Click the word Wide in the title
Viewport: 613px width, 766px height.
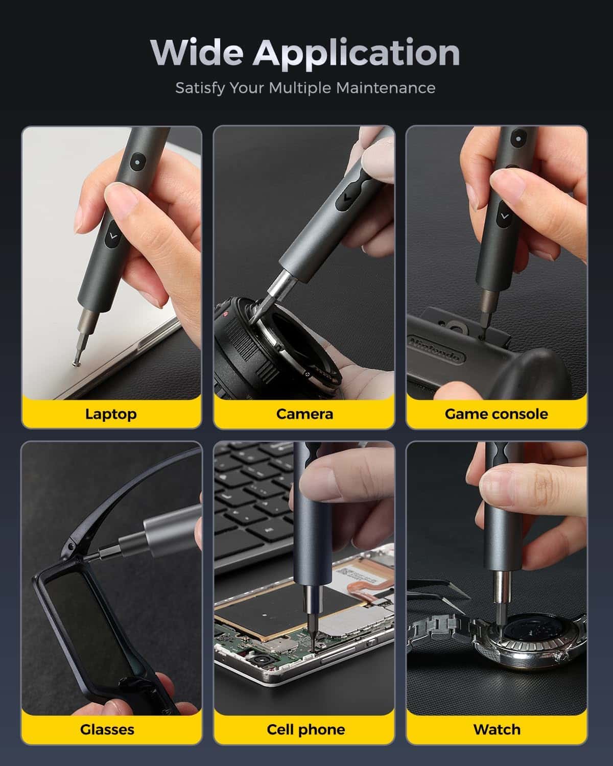coord(196,52)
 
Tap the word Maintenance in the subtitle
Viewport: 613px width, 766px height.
coord(386,88)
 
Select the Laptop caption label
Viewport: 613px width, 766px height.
coord(111,414)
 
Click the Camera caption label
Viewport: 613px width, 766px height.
coord(304,414)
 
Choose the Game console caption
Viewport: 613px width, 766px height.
coord(496,414)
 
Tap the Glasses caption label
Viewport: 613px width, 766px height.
coord(107,729)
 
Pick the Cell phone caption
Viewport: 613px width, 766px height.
coord(305,729)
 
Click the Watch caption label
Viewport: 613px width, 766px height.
coord(497,729)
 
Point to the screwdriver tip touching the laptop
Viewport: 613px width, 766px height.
coord(76,363)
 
